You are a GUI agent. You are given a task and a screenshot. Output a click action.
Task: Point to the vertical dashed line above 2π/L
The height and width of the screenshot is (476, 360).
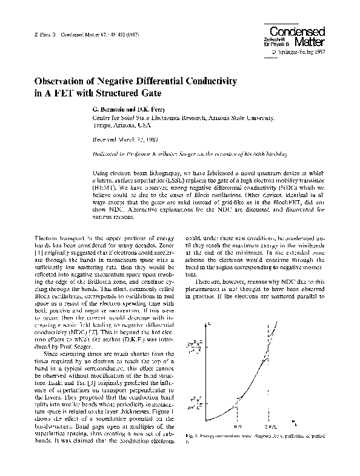(x=267, y=340)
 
